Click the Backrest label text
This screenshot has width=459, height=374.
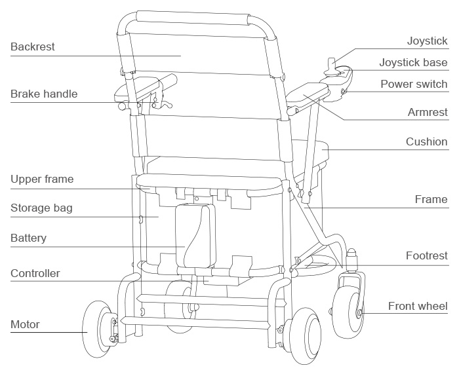(33, 47)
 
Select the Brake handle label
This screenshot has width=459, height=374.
(44, 94)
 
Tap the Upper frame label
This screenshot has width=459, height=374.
(42, 179)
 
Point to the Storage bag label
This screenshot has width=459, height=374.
(41, 208)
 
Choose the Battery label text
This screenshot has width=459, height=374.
(28, 238)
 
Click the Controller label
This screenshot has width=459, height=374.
(35, 272)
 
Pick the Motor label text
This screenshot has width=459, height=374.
(25, 324)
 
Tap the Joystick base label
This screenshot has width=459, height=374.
(413, 63)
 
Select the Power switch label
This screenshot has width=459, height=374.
(414, 84)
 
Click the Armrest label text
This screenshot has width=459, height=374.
(428, 113)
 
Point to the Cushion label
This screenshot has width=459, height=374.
(426, 141)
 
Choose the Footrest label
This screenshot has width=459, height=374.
(426, 255)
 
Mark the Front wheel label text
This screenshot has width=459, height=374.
(418, 306)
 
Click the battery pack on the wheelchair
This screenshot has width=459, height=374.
(195, 234)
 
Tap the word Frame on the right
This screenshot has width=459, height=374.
(431, 199)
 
